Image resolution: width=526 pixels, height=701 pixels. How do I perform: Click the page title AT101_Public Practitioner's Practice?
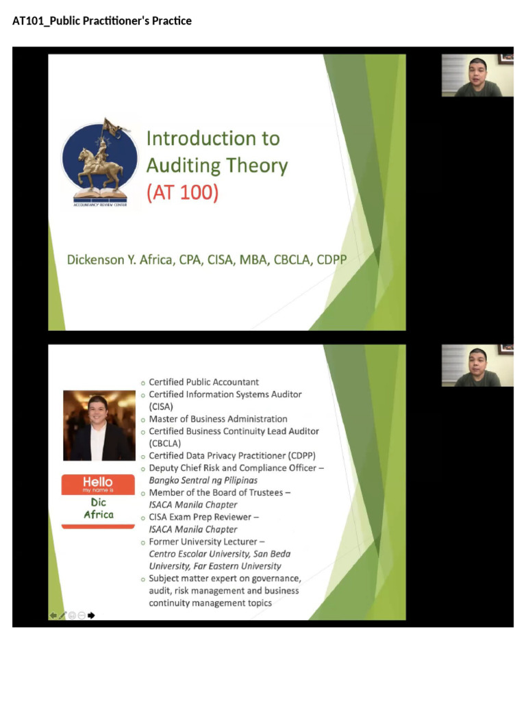point(102,21)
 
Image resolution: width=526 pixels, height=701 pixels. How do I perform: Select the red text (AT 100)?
point(182,193)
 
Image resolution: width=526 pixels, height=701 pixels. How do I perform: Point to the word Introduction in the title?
point(192,138)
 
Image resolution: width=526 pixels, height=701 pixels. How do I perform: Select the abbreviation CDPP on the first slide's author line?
point(331,260)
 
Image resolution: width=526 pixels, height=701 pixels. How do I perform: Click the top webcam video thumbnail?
point(477,75)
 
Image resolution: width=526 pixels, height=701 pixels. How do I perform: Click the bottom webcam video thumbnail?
point(477,366)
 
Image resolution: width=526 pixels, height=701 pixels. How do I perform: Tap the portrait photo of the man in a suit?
point(99,425)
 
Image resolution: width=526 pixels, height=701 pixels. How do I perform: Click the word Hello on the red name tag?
point(98,482)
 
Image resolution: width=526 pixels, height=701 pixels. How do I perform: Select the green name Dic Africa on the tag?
point(98,509)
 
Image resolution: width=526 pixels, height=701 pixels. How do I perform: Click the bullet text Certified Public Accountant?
point(203,382)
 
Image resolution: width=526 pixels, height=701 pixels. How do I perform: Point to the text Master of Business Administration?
point(218,419)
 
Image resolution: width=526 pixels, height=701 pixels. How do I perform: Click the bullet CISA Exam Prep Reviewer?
point(203,517)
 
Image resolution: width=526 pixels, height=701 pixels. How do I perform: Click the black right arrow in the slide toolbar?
point(92,615)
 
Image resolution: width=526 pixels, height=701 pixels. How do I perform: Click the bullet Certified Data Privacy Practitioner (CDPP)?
point(232,456)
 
